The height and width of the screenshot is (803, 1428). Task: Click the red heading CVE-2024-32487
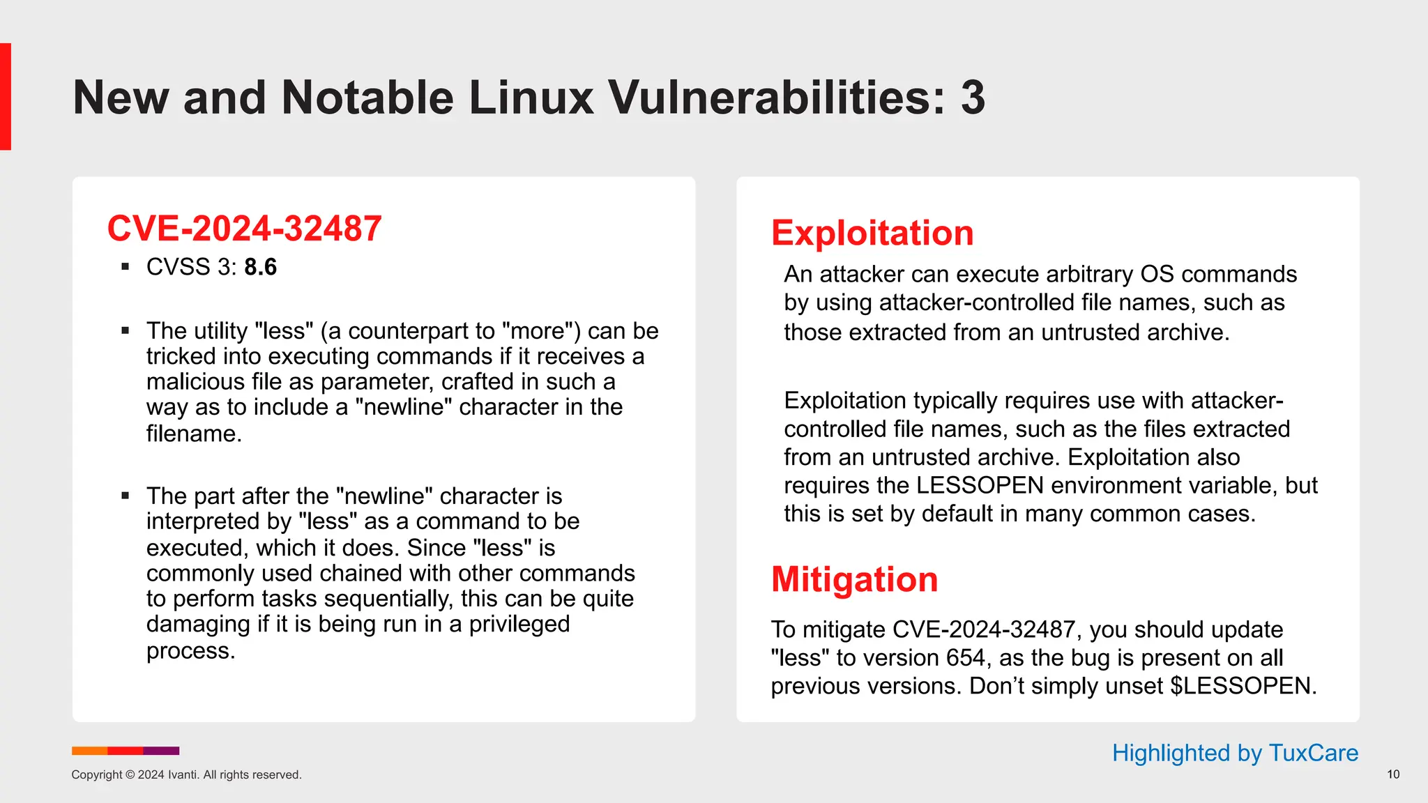244,229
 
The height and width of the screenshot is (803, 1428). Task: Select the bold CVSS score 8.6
260,267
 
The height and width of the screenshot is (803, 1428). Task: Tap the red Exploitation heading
872,233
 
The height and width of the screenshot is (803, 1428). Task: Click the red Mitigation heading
854,579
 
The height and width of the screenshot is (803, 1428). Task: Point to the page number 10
1392,774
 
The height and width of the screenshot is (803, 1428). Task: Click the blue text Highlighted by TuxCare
1234,753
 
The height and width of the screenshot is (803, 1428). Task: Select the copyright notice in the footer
186,774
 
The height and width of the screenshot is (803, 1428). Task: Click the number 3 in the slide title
973,98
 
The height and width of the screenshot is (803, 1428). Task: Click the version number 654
965,657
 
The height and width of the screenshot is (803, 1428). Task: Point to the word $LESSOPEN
1243,686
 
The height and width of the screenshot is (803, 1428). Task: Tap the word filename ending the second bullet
193,434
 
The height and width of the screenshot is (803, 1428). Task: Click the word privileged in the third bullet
519,624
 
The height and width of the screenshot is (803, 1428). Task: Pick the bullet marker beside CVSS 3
126,267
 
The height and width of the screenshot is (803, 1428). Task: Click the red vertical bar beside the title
6,96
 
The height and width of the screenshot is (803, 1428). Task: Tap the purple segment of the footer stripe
161,751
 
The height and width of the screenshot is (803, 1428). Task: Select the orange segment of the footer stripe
89,751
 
